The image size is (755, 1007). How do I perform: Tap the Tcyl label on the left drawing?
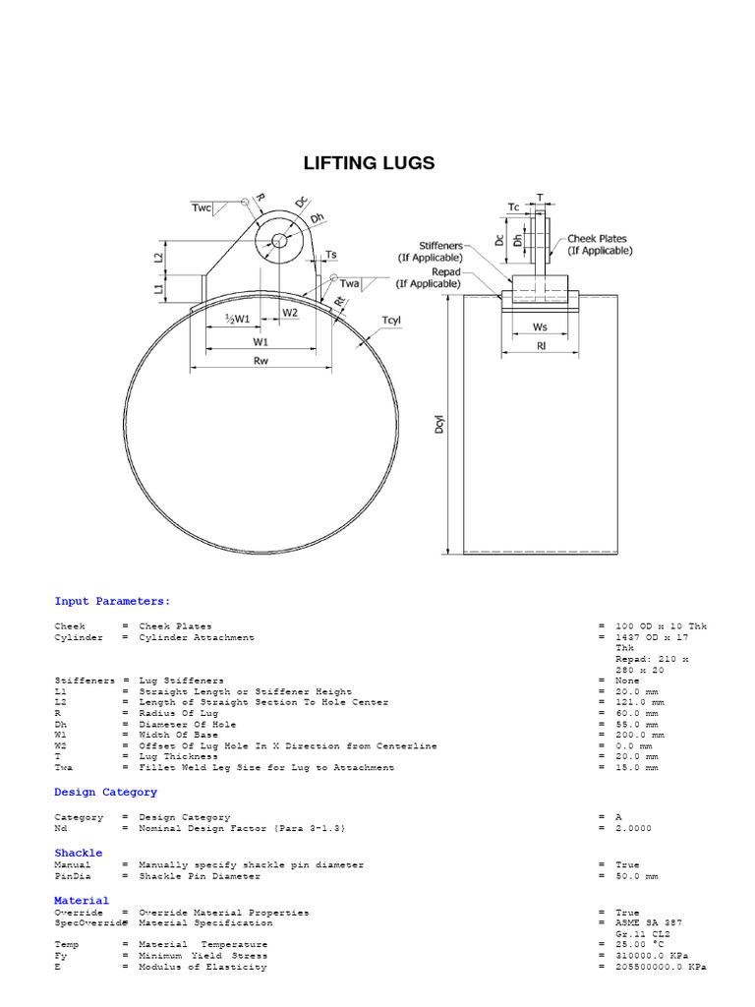[x=392, y=320]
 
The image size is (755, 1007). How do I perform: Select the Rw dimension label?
[x=261, y=361]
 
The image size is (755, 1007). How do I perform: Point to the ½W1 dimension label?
[x=237, y=319]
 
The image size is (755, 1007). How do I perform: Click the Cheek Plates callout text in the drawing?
[x=600, y=244]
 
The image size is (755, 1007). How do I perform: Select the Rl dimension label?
[x=541, y=345]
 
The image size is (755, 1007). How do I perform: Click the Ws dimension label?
[x=540, y=326]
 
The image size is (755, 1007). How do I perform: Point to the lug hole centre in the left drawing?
[x=279, y=241]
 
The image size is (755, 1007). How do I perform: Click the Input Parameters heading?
[x=112, y=601]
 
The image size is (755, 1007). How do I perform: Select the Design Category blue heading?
[x=105, y=792]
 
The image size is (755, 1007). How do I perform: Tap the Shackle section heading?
[x=79, y=853]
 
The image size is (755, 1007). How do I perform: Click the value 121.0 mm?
[x=641, y=702]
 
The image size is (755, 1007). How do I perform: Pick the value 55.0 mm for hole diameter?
[x=637, y=724]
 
